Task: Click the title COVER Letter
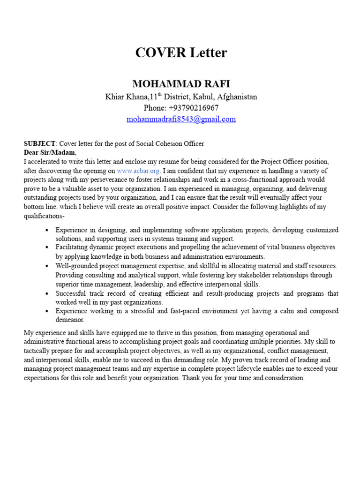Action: (181, 53)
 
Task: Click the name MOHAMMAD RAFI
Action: (181, 84)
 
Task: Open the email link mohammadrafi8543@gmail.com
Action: (181, 119)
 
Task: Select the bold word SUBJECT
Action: (39, 143)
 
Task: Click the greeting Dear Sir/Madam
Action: (49, 152)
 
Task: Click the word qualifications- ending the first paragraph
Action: (44, 216)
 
